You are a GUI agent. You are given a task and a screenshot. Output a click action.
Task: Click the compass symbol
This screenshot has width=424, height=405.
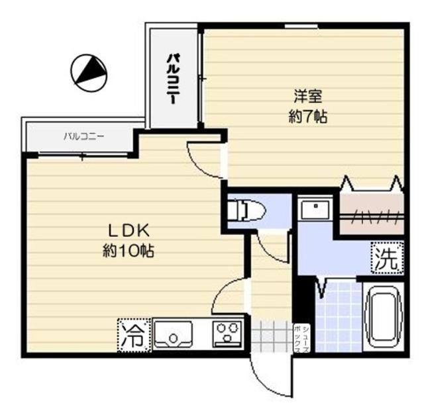[88, 71]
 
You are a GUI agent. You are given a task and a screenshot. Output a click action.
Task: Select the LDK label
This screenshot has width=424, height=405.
[131, 231]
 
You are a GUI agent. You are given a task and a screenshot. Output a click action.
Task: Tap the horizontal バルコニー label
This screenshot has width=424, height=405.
[83, 137]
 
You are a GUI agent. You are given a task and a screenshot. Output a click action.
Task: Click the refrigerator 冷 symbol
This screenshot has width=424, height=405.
[133, 336]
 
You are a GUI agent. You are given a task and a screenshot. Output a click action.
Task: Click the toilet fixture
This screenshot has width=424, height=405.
[246, 211]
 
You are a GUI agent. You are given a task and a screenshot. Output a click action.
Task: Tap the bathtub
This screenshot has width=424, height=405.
[384, 316]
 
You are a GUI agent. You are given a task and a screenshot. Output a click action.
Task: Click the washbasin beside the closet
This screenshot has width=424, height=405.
[316, 210]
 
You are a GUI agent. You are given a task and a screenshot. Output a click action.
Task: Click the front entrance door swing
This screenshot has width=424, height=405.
[268, 374]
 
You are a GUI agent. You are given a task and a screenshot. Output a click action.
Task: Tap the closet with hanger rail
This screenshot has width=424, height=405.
[370, 212]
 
